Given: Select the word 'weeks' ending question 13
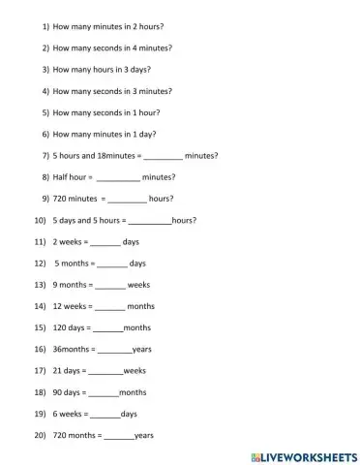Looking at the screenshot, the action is point(138,285).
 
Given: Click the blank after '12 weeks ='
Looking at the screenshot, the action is point(109,306).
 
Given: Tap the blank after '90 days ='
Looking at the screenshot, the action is point(103,393).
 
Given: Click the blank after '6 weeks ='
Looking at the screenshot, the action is point(105,415).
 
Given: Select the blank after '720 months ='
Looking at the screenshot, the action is point(118,436).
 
